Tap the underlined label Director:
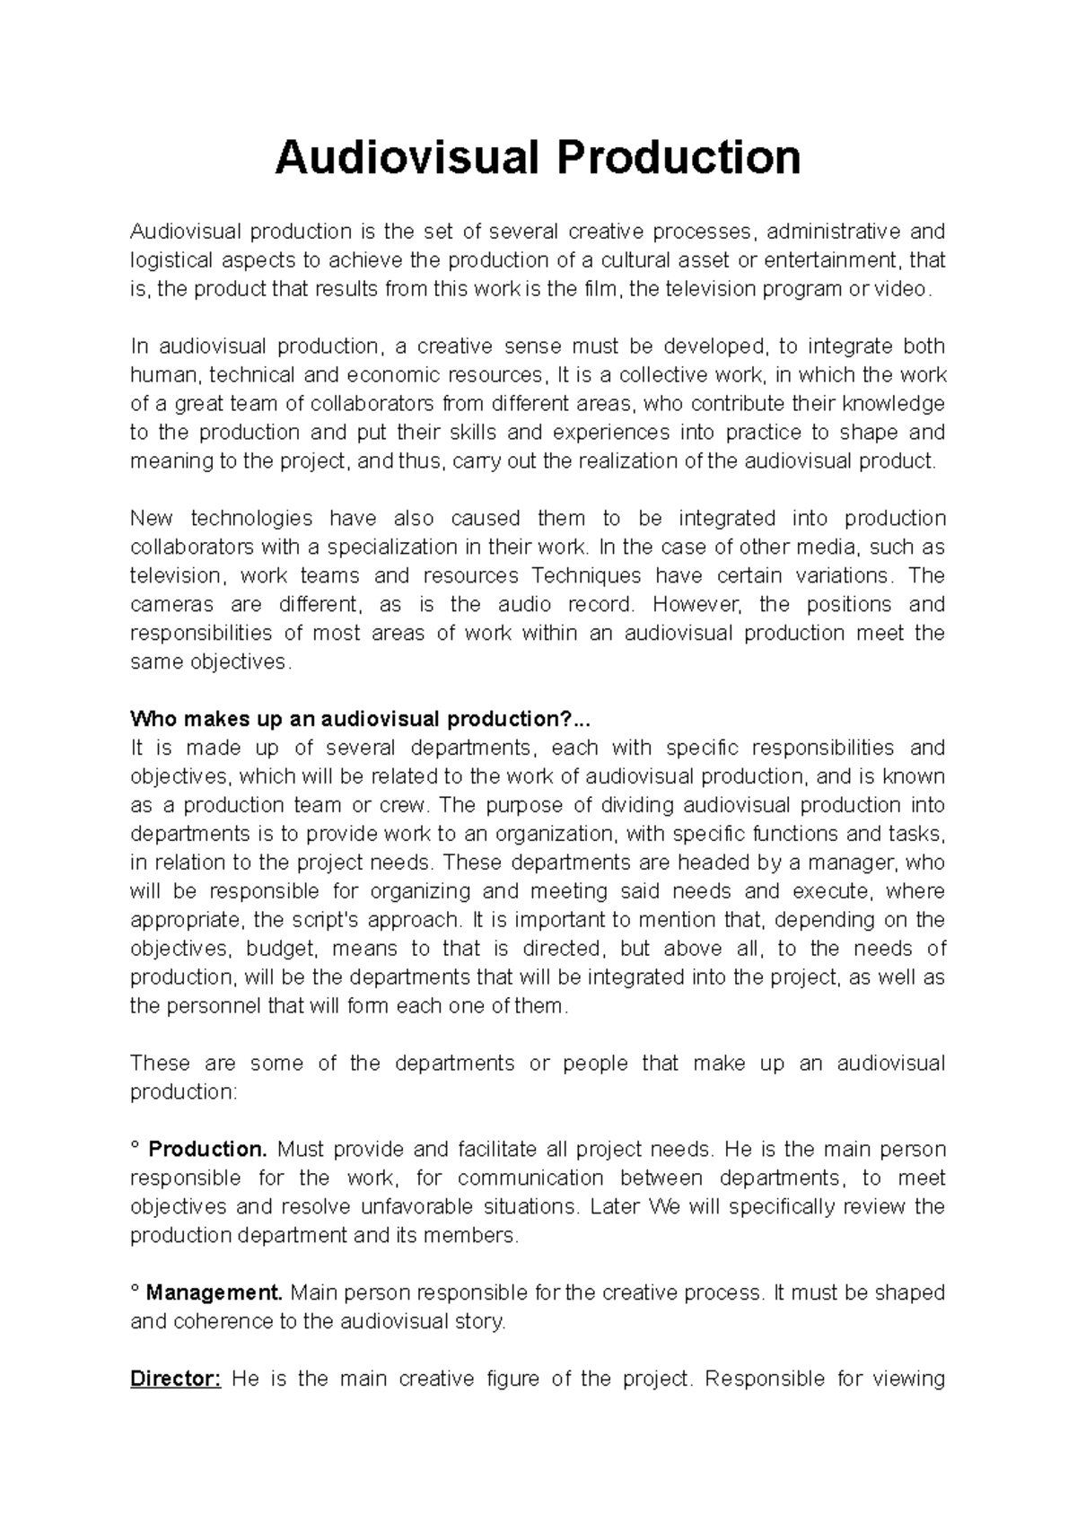point(175,1379)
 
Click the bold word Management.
point(214,1292)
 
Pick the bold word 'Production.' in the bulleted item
point(206,1149)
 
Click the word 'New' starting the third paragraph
point(150,518)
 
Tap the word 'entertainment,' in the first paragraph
point(838,260)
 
